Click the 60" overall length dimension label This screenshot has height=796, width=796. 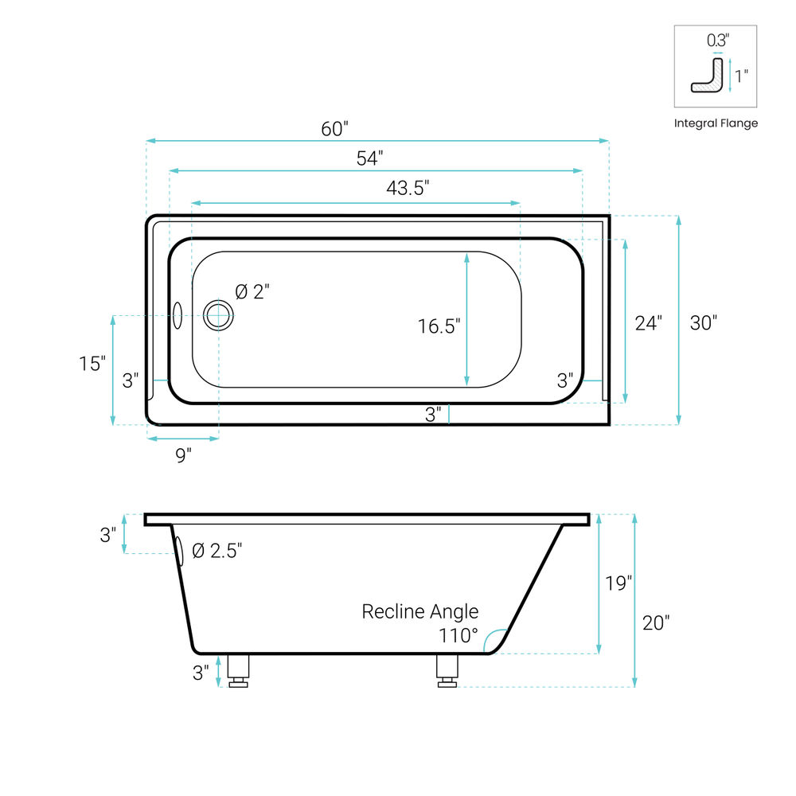(x=334, y=129)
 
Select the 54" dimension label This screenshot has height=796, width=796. (x=369, y=158)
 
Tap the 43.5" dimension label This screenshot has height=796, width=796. (x=408, y=188)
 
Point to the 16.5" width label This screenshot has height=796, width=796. (x=439, y=326)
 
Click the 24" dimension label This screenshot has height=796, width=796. (x=648, y=323)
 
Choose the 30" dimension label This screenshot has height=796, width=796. (x=703, y=323)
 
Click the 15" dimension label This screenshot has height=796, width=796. (x=92, y=364)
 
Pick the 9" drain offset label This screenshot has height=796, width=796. (x=183, y=455)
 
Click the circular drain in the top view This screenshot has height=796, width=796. (x=218, y=315)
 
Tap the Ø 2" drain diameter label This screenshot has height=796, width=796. (x=252, y=292)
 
